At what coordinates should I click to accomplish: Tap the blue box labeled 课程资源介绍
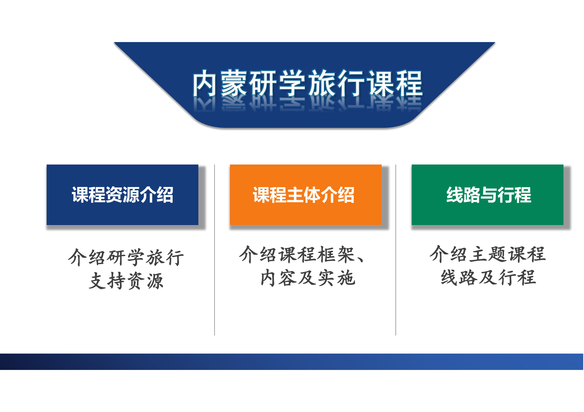pyautogui.click(x=122, y=195)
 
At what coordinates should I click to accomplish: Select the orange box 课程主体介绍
pyautogui.click(x=306, y=195)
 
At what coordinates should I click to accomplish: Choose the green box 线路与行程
pyautogui.click(x=488, y=195)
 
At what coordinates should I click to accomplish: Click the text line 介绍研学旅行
pyautogui.click(x=126, y=257)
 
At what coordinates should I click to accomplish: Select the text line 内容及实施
pyautogui.click(x=308, y=278)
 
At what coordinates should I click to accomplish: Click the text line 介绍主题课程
pyautogui.click(x=488, y=254)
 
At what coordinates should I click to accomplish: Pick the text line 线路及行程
pyautogui.click(x=488, y=278)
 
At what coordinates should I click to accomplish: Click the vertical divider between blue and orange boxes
pyautogui.click(x=215, y=250)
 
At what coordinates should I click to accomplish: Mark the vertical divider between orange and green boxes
pyautogui.click(x=396, y=250)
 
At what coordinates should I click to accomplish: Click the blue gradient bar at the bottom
pyautogui.click(x=292, y=362)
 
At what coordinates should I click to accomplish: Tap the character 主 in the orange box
pyautogui.click(x=295, y=195)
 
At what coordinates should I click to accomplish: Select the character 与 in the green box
pyautogui.click(x=489, y=195)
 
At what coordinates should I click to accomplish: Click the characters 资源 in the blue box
pyautogui.click(x=122, y=195)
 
